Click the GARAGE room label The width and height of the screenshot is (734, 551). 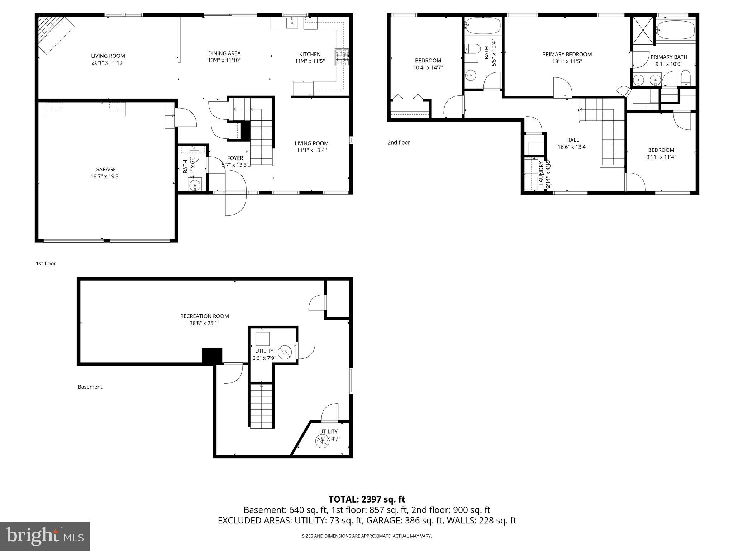pyautogui.click(x=105, y=169)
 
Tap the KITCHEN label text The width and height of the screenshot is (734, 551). pyautogui.click(x=310, y=54)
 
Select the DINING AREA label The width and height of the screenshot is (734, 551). pyautogui.click(x=224, y=53)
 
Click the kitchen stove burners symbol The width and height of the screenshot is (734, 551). pyautogui.click(x=342, y=57)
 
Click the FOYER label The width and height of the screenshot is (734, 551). pyautogui.click(x=235, y=158)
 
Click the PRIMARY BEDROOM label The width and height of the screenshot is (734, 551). pyautogui.click(x=567, y=54)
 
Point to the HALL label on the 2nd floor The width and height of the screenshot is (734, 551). pyautogui.click(x=572, y=140)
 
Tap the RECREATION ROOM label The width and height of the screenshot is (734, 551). pyautogui.click(x=204, y=316)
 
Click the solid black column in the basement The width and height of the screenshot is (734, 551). pyautogui.click(x=212, y=356)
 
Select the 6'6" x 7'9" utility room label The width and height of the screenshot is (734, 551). pyautogui.click(x=264, y=354)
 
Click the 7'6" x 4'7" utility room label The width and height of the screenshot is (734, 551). pyautogui.click(x=328, y=435)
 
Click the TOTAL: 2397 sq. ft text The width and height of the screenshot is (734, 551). pyautogui.click(x=367, y=499)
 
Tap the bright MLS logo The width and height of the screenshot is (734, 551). pyautogui.click(x=45, y=536)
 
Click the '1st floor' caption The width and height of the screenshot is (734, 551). pyautogui.click(x=46, y=263)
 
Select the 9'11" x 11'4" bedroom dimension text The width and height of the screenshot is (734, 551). pyautogui.click(x=661, y=157)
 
